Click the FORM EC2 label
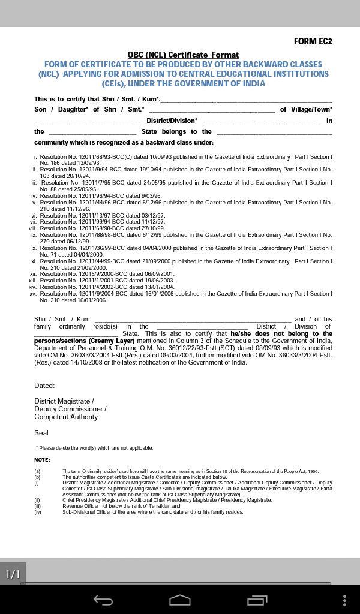coord(313,41)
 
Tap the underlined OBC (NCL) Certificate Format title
coord(183,55)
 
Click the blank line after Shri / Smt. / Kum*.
coord(246,100)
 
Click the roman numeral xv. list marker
coord(33,294)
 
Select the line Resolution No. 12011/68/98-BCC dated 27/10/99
coord(102,228)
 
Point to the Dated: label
coord(44,386)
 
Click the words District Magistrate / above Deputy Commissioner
coord(64,401)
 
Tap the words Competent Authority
coord(66,417)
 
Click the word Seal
coord(41,433)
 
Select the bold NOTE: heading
coord(42,460)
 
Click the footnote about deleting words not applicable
coord(95,448)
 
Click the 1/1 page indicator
coord(13,574)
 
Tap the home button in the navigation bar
coord(179,600)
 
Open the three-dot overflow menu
coord(344,600)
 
